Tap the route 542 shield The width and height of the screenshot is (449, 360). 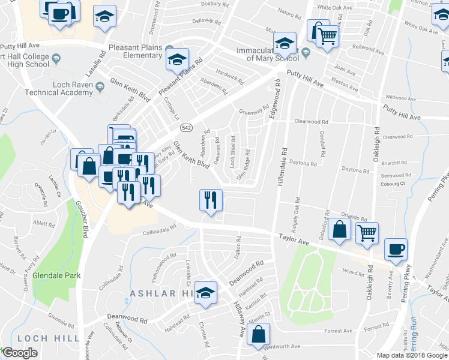[187, 128]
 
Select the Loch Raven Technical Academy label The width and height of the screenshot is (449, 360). [62, 88]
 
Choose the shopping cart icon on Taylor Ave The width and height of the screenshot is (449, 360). [367, 232]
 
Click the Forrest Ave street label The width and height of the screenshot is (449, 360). [338, 331]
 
